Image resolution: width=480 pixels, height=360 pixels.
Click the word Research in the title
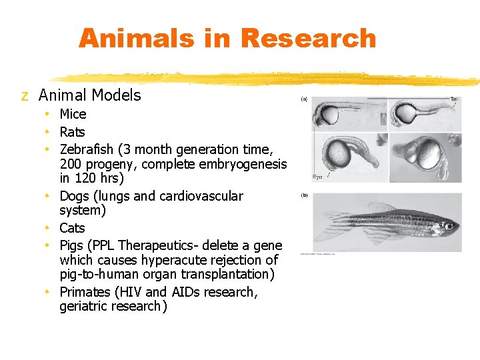[309, 38]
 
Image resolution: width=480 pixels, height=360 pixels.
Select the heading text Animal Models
[90, 95]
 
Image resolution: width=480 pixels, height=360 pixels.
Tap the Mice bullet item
[73, 114]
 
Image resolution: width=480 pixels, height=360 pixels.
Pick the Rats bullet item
[72, 132]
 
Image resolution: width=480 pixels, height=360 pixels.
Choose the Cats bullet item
[72, 228]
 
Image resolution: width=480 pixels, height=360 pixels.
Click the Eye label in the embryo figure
[318, 177]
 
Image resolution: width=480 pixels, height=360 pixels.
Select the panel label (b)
[304, 196]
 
